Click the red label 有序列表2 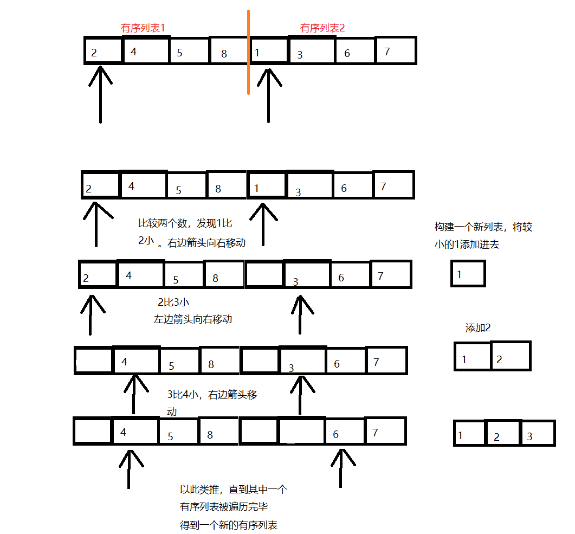322,28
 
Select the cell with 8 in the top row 228,51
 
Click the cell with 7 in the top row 395,50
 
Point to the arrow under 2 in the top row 100,95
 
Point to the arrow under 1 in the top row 268,95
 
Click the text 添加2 478,328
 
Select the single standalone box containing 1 468,273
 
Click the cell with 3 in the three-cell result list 538,434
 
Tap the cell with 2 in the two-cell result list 510,356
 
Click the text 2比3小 173,303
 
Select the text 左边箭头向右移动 193,319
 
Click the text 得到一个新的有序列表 229,525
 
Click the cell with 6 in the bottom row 344,432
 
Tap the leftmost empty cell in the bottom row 93,432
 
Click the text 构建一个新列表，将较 483,227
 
